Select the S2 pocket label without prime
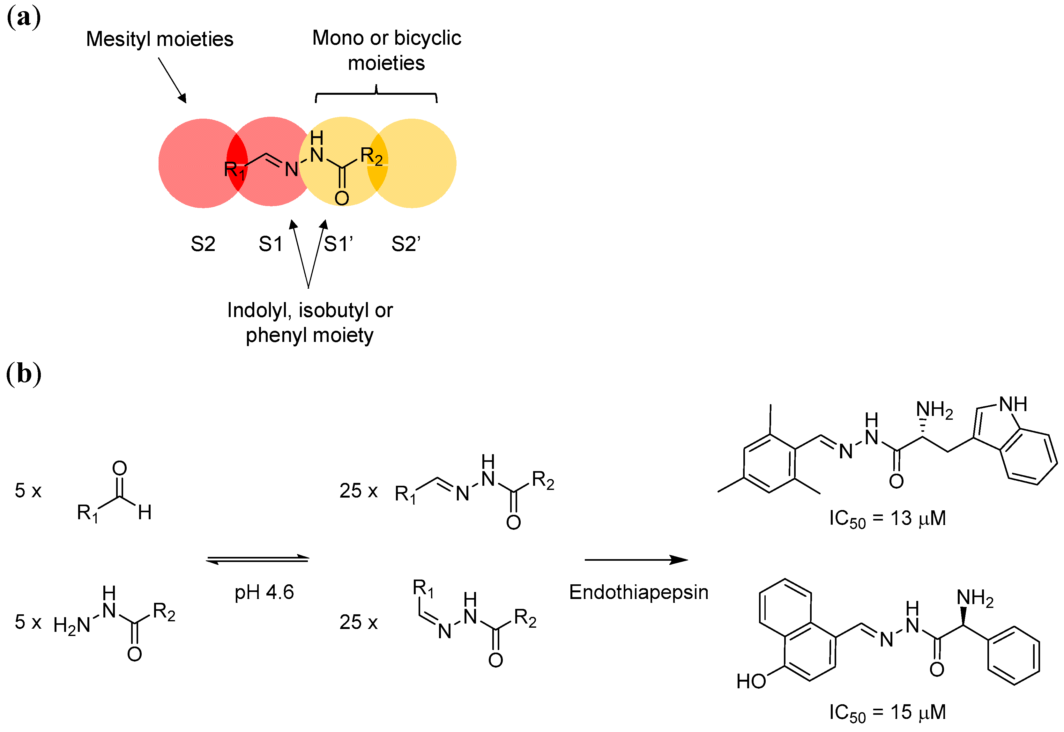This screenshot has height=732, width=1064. (x=203, y=244)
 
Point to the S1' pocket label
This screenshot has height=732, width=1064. (x=339, y=244)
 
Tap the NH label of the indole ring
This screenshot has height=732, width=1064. (x=1013, y=404)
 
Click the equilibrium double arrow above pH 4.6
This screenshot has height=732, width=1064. (x=258, y=559)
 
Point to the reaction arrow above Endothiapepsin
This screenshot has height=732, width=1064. (x=636, y=559)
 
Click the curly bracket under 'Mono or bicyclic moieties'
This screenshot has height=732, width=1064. (x=376, y=94)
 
